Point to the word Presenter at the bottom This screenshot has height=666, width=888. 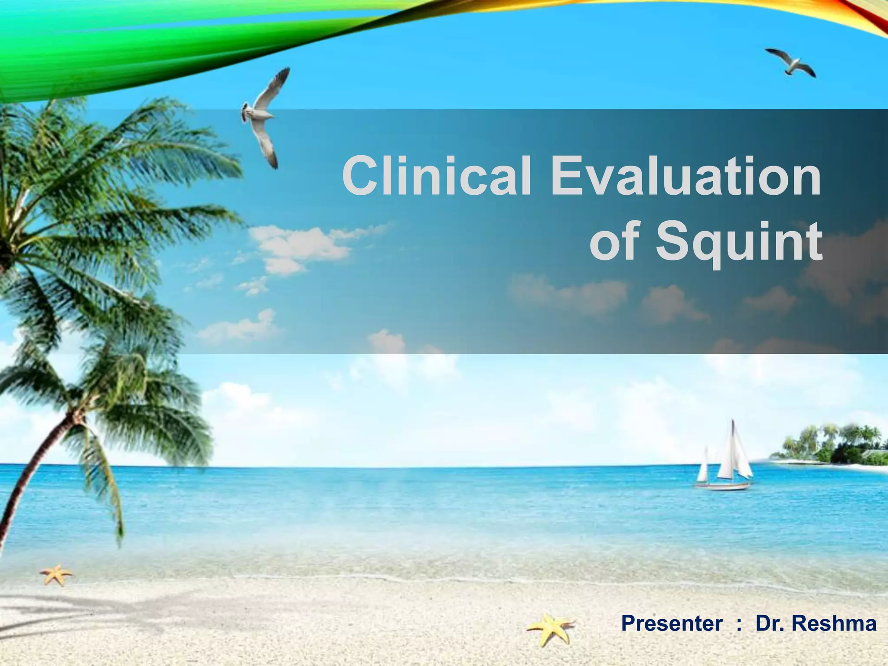click(672, 624)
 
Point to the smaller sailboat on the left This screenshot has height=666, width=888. click(702, 468)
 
